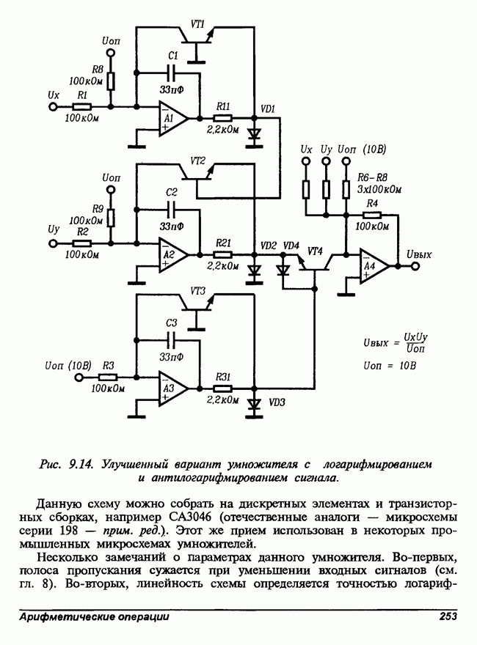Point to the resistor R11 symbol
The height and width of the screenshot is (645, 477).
coord(223,117)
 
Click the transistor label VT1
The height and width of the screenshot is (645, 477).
coord(197,24)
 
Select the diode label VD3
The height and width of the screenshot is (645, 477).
coord(277,403)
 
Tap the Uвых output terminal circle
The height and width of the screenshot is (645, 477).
coord(417,266)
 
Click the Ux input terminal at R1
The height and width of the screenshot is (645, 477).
coord(52,107)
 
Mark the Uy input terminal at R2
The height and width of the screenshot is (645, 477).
coord(52,242)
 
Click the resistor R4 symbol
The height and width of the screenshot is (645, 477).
coord(372,215)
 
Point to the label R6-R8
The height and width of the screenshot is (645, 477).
coord(372,178)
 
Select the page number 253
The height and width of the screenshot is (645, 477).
coord(448,617)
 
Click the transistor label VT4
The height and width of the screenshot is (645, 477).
coord(315,251)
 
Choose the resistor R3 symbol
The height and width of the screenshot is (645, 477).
coord(108,377)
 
